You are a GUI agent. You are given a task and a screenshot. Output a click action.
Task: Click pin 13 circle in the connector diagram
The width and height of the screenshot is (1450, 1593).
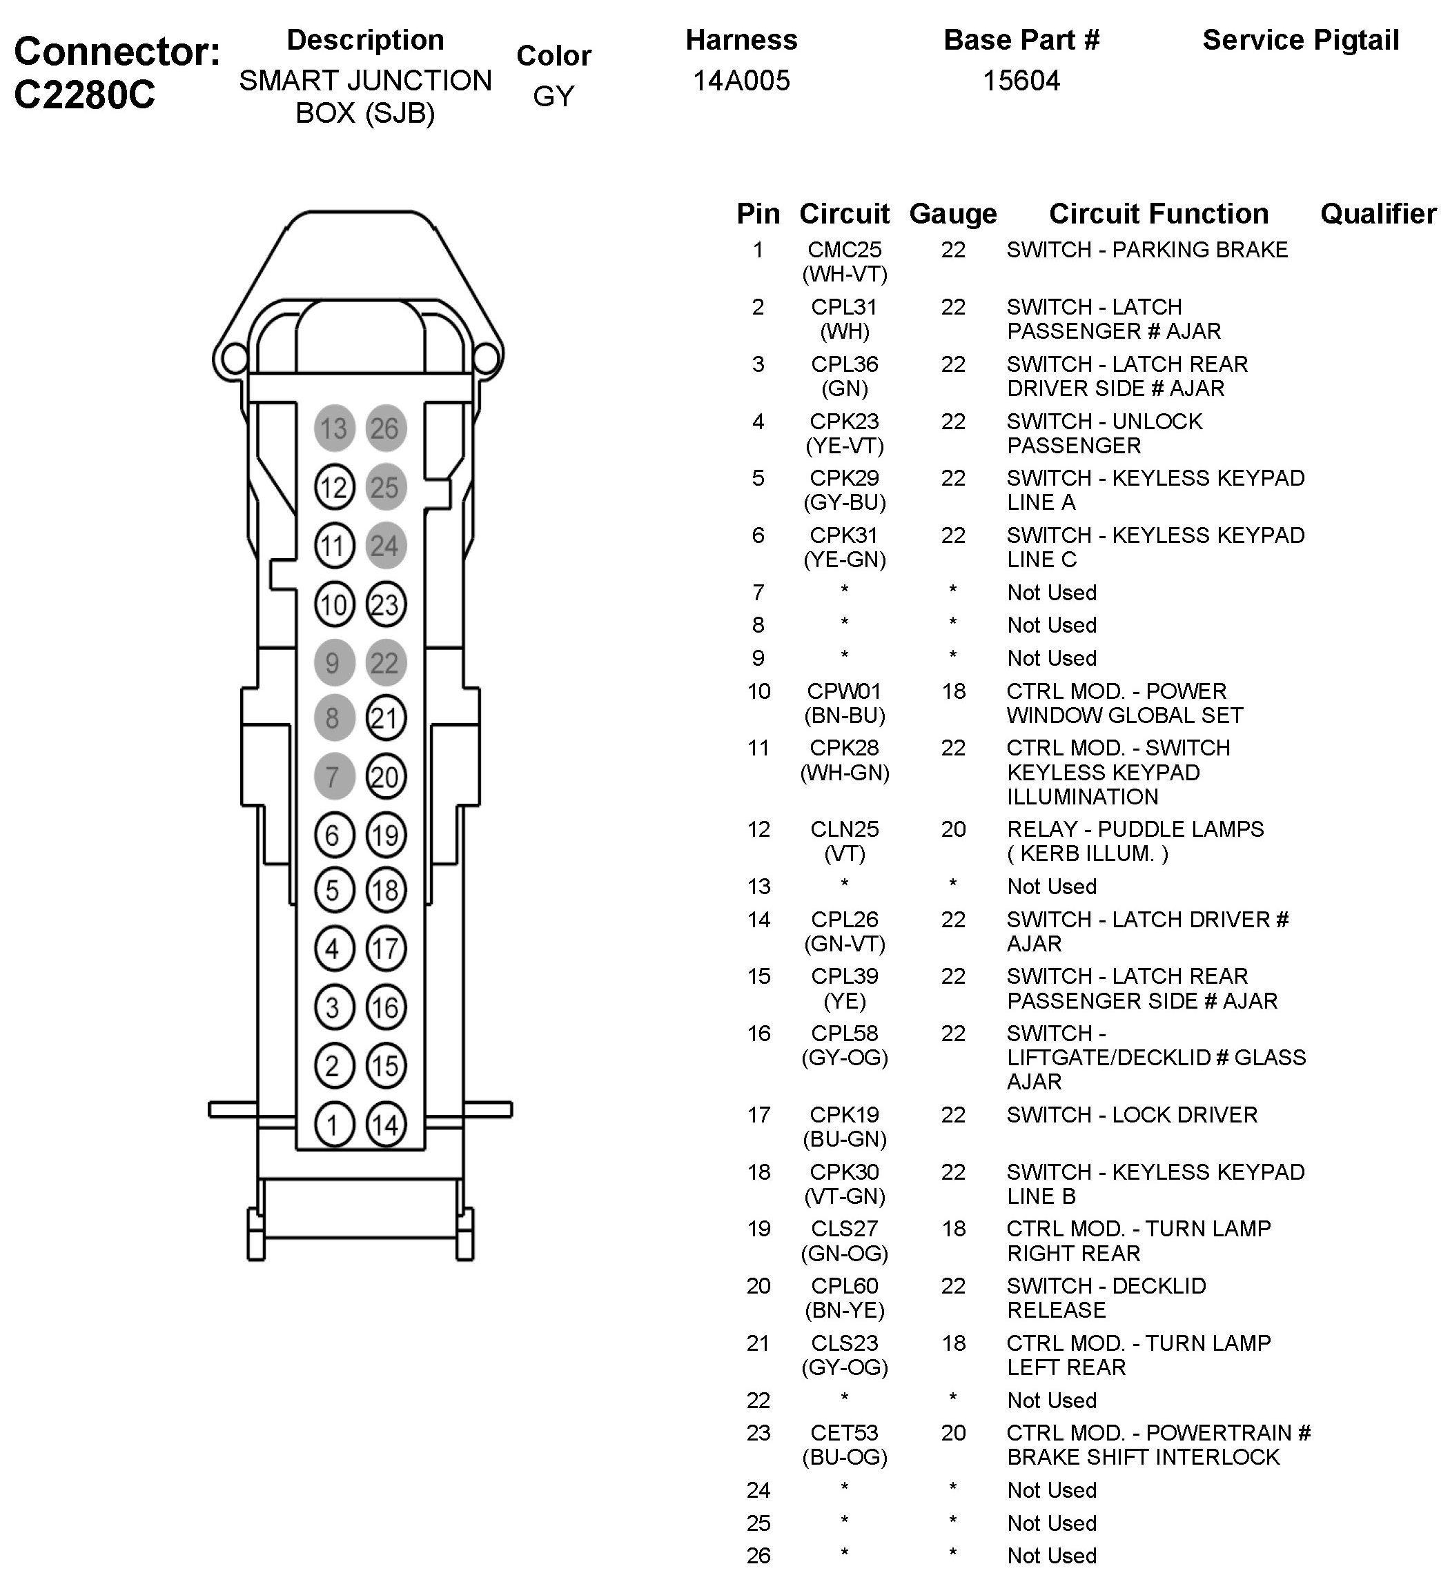pyautogui.click(x=333, y=428)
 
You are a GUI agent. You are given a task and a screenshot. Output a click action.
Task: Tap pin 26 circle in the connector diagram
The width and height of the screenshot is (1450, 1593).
pyautogui.click(x=385, y=428)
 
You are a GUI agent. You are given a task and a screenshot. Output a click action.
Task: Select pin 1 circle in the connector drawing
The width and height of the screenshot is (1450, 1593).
pyautogui.click(x=333, y=1124)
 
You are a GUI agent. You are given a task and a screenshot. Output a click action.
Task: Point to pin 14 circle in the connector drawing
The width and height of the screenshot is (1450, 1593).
pyautogui.click(x=386, y=1124)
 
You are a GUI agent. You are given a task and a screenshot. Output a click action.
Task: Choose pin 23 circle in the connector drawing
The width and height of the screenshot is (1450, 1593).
pyautogui.click(x=385, y=604)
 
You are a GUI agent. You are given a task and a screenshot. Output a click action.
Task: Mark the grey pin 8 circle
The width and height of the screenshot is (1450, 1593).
pyautogui.click(x=333, y=718)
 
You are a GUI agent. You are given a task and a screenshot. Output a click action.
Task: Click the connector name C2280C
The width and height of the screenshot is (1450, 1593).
pyautogui.click(x=85, y=95)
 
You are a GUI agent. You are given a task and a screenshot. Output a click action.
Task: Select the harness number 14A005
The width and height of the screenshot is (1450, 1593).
pyautogui.click(x=741, y=81)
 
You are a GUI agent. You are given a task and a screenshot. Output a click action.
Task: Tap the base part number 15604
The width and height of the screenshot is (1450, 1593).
pyautogui.click(x=1021, y=81)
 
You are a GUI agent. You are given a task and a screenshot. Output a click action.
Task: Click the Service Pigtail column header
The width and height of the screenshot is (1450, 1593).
pyautogui.click(x=1300, y=39)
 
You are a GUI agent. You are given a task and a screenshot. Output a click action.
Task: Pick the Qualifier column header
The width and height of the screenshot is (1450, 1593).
pyautogui.click(x=1378, y=213)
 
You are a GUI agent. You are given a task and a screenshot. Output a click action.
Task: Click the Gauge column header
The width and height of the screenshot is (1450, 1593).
pyautogui.click(x=952, y=213)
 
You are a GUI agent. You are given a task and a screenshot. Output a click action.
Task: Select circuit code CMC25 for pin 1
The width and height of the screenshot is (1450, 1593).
pyautogui.click(x=844, y=250)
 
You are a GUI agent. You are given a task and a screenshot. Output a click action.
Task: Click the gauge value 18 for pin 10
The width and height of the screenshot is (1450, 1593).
pyautogui.click(x=954, y=691)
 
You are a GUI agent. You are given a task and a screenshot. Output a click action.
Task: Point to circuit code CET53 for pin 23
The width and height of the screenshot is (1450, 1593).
pyautogui.click(x=844, y=1432)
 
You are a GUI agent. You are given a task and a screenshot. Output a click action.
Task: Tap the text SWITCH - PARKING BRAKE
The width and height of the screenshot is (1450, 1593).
pyautogui.click(x=1146, y=250)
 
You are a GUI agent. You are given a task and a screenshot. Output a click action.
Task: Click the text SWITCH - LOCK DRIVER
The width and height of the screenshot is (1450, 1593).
pyautogui.click(x=1131, y=1115)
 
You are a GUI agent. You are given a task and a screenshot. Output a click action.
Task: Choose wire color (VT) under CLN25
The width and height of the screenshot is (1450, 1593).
pyautogui.click(x=844, y=853)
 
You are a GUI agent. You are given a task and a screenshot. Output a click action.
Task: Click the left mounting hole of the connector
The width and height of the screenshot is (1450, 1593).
pyautogui.click(x=233, y=359)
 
